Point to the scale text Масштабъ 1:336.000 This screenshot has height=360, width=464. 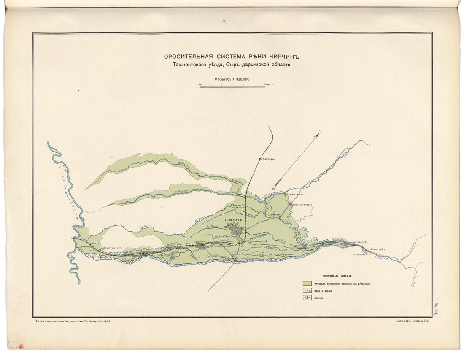tap(232, 79)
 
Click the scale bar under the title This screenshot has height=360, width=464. tap(232, 86)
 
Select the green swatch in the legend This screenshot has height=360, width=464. tap(308, 284)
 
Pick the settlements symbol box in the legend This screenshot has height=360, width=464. tap(308, 298)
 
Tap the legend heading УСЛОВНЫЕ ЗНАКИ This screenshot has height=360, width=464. tap(337, 275)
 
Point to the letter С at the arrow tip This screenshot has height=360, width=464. tap(320, 131)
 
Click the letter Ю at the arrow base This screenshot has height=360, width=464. tap(274, 189)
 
